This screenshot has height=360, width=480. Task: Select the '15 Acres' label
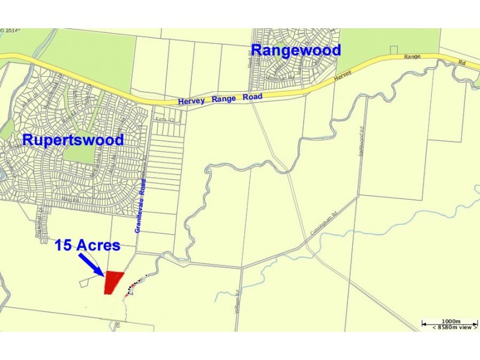click(x=87, y=245)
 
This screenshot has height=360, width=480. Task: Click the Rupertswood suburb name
click(x=73, y=140)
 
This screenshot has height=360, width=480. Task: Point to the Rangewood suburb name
click(x=296, y=50)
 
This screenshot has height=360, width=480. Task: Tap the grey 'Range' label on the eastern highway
click(x=413, y=56)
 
